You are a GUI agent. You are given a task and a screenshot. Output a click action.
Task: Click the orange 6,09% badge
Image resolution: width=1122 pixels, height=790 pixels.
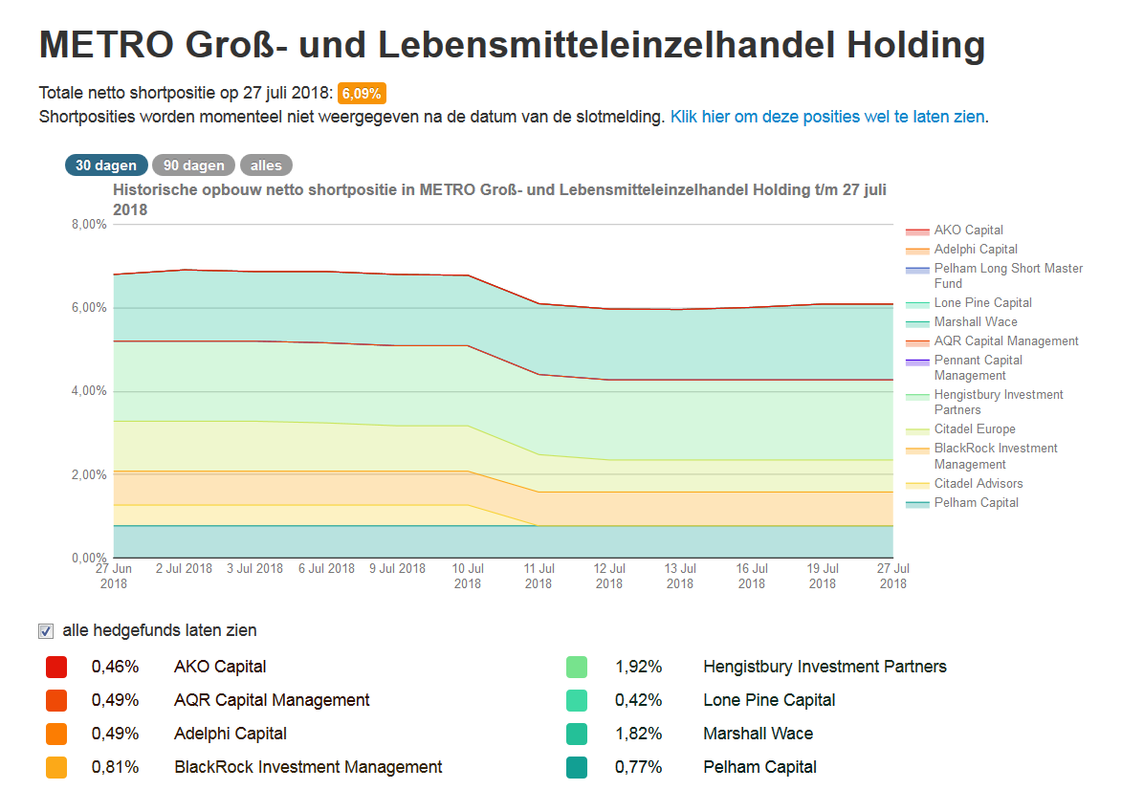[x=362, y=94]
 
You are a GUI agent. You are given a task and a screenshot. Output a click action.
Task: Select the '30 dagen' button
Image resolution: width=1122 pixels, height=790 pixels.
[x=106, y=165]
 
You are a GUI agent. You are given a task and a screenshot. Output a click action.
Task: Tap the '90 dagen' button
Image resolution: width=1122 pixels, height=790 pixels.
[x=194, y=165]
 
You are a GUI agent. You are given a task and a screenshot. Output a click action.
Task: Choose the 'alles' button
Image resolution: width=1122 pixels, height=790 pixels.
[x=266, y=165]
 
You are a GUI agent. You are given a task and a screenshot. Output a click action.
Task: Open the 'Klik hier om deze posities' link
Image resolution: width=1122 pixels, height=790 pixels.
[x=827, y=118]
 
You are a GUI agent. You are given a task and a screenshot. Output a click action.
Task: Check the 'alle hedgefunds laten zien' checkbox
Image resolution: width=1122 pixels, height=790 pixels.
[x=46, y=631]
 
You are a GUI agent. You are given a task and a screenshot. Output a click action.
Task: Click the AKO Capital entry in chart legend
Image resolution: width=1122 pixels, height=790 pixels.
[x=968, y=230]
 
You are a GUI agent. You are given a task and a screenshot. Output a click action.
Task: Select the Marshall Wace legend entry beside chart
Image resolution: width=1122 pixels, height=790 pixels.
[x=975, y=322]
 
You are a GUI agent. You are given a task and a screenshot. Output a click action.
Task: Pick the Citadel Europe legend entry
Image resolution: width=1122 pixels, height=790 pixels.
[x=974, y=429]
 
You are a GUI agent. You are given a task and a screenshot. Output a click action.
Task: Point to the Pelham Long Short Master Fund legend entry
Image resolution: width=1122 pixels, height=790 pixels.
[x=1007, y=275]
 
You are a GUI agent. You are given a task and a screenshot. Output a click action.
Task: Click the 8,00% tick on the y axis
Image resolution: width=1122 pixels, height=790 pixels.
[x=87, y=225]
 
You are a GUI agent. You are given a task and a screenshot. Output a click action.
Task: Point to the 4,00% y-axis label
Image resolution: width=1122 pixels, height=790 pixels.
[x=87, y=391]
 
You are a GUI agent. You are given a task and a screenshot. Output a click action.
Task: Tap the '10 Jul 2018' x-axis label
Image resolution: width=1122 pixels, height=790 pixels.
[x=468, y=576]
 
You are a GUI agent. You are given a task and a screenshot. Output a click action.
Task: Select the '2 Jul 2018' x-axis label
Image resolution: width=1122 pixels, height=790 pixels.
[x=184, y=568]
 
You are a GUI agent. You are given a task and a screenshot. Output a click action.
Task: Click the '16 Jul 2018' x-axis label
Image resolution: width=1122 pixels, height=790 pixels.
[x=752, y=576]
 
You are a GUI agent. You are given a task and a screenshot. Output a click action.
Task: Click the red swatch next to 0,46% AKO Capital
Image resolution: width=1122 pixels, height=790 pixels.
[x=56, y=667]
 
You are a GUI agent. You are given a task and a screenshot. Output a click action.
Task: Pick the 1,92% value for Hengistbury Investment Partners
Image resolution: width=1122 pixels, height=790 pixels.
[x=639, y=667]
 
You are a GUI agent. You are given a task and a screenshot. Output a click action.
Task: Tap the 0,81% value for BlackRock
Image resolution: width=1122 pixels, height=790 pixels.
[x=116, y=767]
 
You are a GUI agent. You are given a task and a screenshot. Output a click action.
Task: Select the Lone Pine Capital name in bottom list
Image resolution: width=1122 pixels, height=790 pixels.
[x=769, y=700]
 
